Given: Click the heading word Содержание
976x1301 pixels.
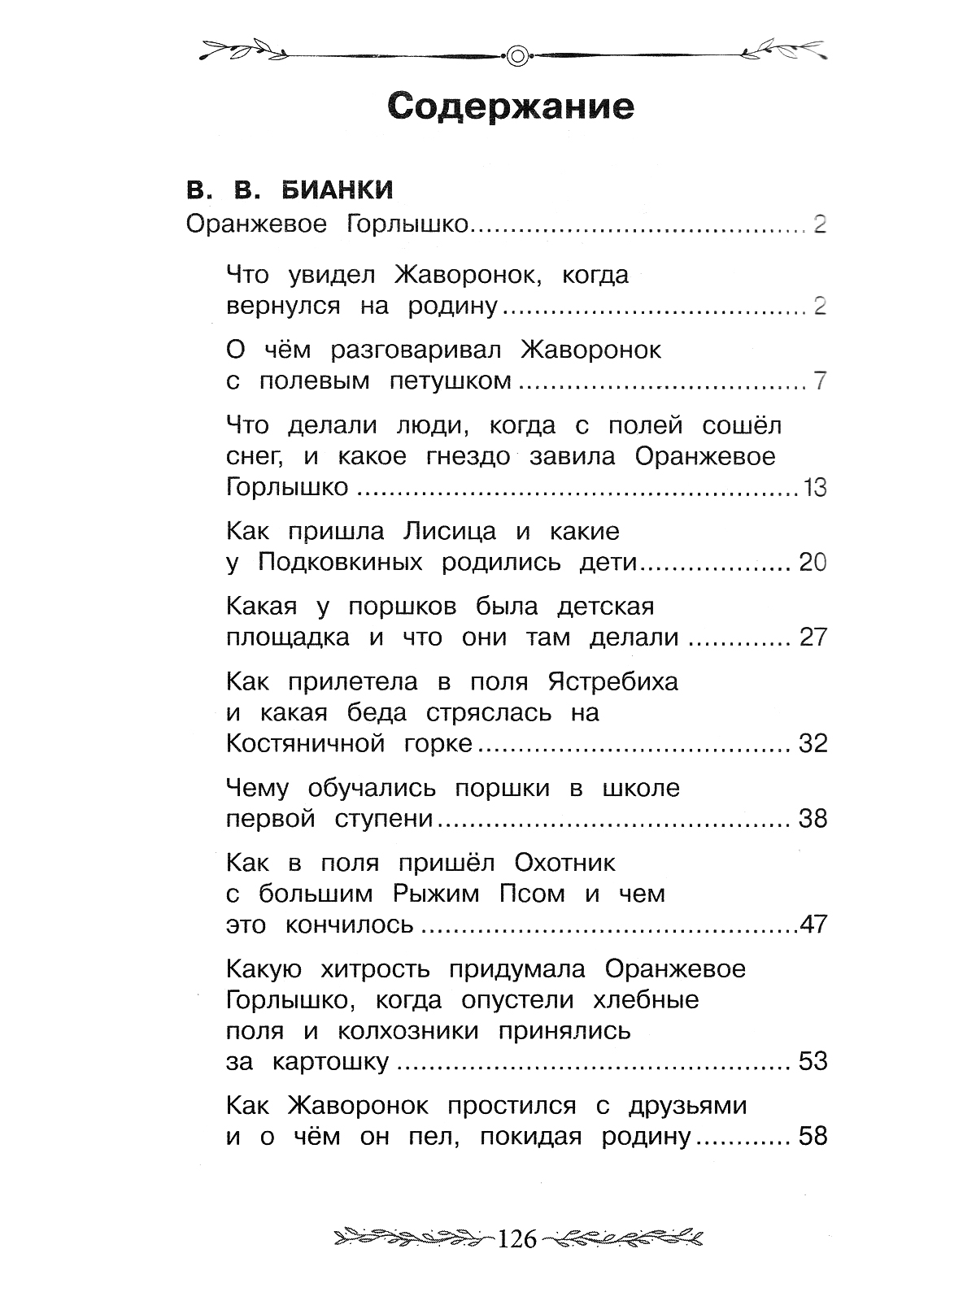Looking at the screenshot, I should pyautogui.click(x=511, y=107).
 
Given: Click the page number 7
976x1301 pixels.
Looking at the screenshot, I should pyautogui.click(x=819, y=381).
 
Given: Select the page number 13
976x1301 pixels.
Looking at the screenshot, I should pyautogui.click(x=813, y=488).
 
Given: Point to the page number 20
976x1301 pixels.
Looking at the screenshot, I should pyautogui.click(x=812, y=563).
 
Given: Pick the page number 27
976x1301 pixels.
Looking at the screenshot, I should pyautogui.click(x=812, y=637).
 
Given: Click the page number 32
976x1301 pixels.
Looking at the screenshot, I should pyautogui.click(x=812, y=744).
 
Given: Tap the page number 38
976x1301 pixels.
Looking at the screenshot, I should pyautogui.click(x=812, y=819).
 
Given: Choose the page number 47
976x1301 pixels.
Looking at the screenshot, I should pyautogui.click(x=813, y=925).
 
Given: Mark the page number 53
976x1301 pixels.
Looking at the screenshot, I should pyautogui.click(x=812, y=1062).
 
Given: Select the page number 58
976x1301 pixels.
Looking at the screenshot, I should pyautogui.click(x=812, y=1137).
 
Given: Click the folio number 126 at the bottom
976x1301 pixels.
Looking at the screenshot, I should pyautogui.click(x=517, y=1239).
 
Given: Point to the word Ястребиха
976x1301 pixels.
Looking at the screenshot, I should pyautogui.click(x=612, y=681).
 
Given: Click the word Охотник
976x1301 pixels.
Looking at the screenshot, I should pyautogui.click(x=565, y=862).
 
